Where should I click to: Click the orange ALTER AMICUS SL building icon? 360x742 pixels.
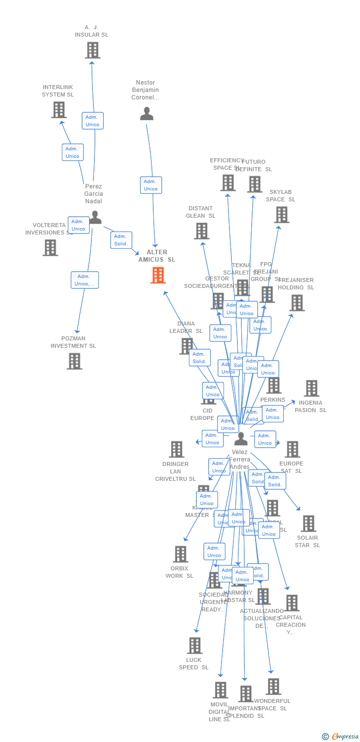(158, 275)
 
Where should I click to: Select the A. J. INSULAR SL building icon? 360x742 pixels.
(92, 50)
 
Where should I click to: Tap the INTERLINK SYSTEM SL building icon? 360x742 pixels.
(58, 110)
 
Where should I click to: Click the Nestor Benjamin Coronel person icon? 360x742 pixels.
(146, 114)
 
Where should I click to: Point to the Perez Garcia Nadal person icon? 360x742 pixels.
(95, 217)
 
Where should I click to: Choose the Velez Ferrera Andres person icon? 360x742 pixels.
(241, 438)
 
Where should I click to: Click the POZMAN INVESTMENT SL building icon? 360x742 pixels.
(74, 361)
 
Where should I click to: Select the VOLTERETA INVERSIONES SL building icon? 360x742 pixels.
(50, 247)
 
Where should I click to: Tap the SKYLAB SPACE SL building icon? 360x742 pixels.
(281, 215)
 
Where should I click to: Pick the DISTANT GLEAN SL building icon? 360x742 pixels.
(201, 231)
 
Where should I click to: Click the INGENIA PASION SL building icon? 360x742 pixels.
(311, 388)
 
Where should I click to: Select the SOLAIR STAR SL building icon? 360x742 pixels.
(308, 523)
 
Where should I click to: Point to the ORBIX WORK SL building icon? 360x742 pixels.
(180, 554)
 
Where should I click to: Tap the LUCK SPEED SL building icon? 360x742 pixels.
(195, 646)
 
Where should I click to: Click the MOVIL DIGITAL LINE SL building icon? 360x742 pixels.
(220, 690)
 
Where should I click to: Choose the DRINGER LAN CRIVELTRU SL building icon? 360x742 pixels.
(177, 449)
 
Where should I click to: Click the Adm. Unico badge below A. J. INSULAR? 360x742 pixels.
(92, 121)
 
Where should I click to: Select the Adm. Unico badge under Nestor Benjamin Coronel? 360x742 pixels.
(151, 185)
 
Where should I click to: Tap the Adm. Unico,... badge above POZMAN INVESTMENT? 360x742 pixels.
(85, 280)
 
